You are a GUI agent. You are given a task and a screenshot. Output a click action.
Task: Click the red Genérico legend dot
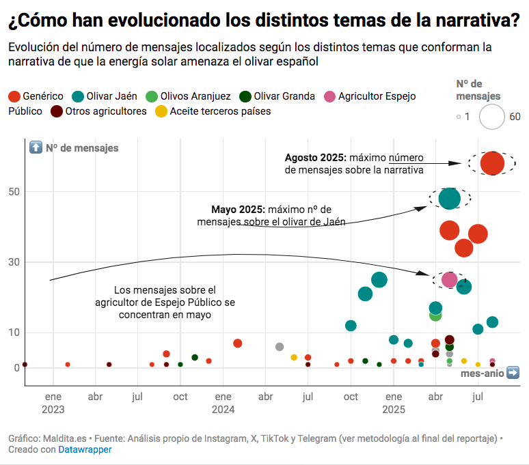pyautogui.click(x=14, y=96)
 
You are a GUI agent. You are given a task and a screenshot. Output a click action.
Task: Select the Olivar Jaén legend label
pyautogui.click(x=110, y=96)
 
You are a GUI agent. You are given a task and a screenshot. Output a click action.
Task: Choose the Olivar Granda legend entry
pyautogui.click(x=284, y=96)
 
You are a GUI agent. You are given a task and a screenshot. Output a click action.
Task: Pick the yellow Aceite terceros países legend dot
pyautogui.click(x=161, y=111)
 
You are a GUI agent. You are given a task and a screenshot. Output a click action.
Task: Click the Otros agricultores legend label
pyautogui.click(x=106, y=111)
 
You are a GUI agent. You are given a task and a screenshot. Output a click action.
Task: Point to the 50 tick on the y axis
pyautogui.click(x=14, y=191)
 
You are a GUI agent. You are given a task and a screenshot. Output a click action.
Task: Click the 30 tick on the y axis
pyautogui.click(x=14, y=262)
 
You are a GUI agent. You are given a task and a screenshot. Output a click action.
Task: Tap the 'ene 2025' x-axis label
pyautogui.click(x=394, y=403)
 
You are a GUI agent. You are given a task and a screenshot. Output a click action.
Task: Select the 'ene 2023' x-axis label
pyautogui.click(x=53, y=403)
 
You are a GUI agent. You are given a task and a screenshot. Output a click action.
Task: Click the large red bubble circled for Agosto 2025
pyautogui.click(x=492, y=163)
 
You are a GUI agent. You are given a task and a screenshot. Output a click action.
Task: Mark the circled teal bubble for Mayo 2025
pyautogui.click(x=450, y=198)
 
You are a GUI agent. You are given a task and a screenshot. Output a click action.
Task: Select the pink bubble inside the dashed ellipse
pyautogui.click(x=449, y=279)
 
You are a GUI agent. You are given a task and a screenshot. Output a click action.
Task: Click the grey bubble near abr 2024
pyautogui.click(x=279, y=347)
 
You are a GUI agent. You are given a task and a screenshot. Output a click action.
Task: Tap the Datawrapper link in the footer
pyautogui.click(x=85, y=449)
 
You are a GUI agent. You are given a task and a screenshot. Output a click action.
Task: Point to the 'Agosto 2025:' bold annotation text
pyautogui.click(x=315, y=158)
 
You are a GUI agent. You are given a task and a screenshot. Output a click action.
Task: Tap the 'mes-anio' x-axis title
pyautogui.click(x=482, y=374)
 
